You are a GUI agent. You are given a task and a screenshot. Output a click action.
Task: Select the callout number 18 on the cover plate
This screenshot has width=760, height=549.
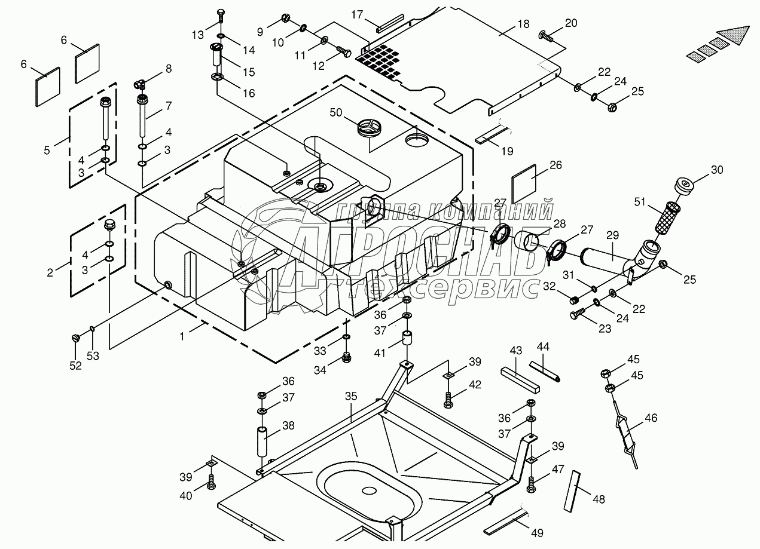[x=523, y=24]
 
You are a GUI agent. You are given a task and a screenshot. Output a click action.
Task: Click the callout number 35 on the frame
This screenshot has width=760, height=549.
[x=350, y=397]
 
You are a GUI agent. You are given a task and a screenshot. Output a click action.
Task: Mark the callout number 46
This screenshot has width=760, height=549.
[x=651, y=418]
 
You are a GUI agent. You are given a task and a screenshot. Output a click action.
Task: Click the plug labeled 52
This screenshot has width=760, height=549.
[x=76, y=338]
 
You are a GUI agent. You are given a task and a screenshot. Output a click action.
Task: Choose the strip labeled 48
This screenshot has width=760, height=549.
[x=572, y=490]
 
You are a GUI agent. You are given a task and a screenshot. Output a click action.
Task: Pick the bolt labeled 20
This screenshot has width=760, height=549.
[x=545, y=35]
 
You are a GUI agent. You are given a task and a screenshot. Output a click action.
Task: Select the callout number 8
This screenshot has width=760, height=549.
[x=168, y=69]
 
